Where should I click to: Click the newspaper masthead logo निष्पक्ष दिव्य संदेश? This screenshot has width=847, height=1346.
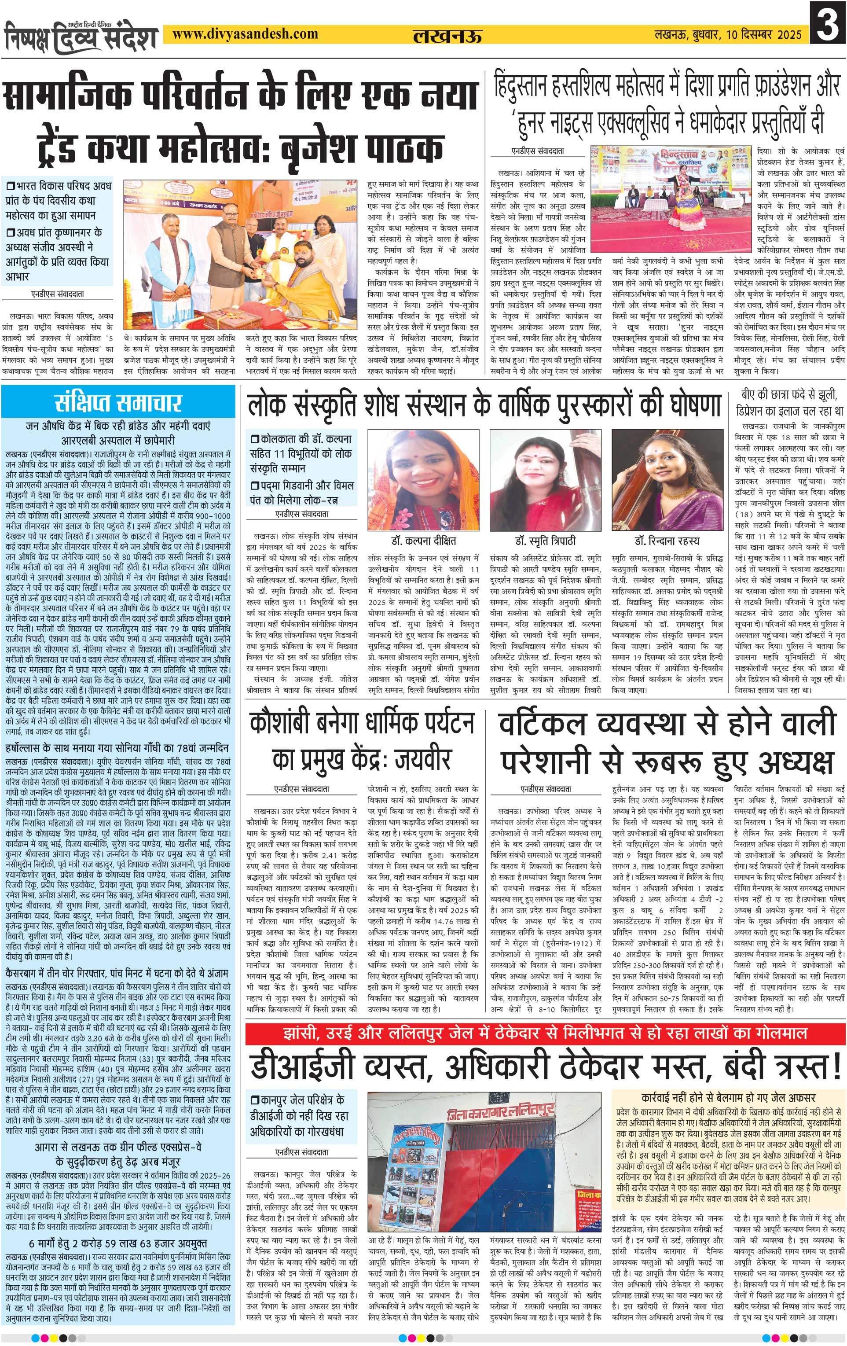[81, 37]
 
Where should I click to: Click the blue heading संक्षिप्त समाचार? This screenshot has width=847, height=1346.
[118, 402]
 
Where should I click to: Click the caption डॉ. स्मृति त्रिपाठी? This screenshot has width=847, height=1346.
[545, 541]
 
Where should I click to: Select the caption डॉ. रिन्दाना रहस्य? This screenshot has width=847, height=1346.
[666, 541]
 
